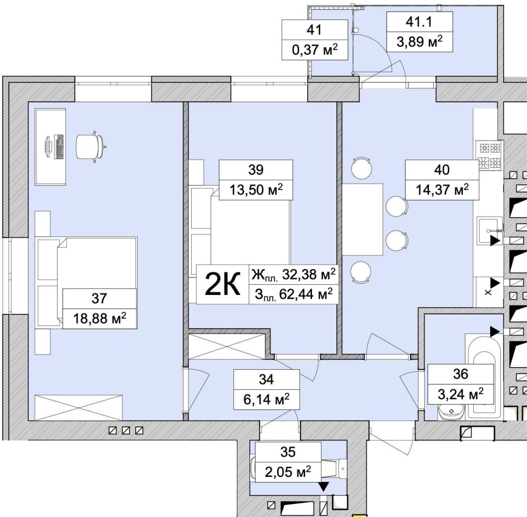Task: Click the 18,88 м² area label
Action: pos(100,318)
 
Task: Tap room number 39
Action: pos(256,170)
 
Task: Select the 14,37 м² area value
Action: pos(442,190)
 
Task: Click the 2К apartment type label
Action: pos(222,284)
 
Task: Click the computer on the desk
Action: pos(54,147)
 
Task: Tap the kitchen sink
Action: pos(490,231)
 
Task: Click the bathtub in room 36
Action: pos(484,374)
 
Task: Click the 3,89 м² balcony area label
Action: pos(419,42)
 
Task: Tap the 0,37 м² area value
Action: pos(315,50)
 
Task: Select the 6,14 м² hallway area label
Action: pos(267,399)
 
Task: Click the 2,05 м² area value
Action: pos(288,472)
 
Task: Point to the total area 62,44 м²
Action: pos(294,294)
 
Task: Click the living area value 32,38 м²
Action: pos(294,274)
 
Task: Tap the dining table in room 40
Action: pos(363,219)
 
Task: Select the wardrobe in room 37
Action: pos(79,407)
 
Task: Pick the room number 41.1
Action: pos(419,22)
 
